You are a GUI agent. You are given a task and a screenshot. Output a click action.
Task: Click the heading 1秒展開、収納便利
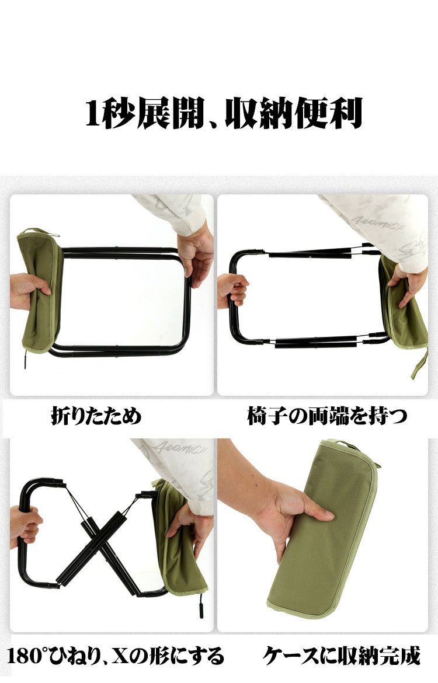click(224, 114)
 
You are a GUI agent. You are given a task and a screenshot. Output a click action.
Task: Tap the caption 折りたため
click(96, 416)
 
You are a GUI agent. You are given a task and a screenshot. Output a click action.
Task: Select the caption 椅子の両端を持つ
click(326, 416)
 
